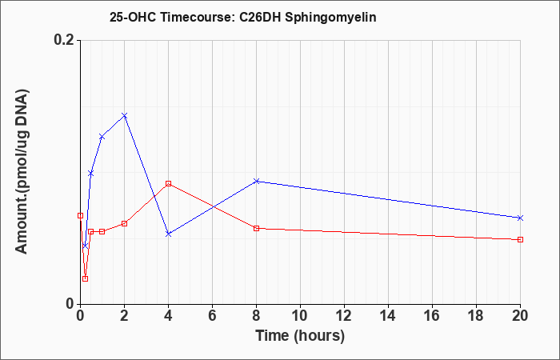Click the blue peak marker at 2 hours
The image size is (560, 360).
click(x=124, y=116)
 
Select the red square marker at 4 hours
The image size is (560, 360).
click(x=169, y=183)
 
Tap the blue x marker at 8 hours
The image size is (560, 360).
click(x=257, y=181)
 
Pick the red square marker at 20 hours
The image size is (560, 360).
click(x=520, y=240)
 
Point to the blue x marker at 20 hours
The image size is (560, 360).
click(x=520, y=218)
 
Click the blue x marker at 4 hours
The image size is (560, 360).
click(x=169, y=234)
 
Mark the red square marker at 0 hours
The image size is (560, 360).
click(x=80, y=216)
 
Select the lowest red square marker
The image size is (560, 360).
click(x=85, y=278)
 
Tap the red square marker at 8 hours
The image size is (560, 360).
click(x=257, y=228)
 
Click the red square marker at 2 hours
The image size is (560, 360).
click(x=124, y=223)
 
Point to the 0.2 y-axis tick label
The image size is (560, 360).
click(x=64, y=40)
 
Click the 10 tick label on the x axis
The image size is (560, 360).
click(x=300, y=316)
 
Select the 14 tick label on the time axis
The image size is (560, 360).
click(x=388, y=316)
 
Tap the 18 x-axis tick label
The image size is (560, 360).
click(x=476, y=316)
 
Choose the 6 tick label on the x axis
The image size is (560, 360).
click(x=213, y=316)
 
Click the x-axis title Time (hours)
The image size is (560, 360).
click(x=300, y=336)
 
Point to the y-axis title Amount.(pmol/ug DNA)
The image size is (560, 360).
click(x=22, y=171)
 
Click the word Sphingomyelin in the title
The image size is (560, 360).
click(x=330, y=18)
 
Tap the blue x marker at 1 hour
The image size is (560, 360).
click(x=102, y=137)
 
